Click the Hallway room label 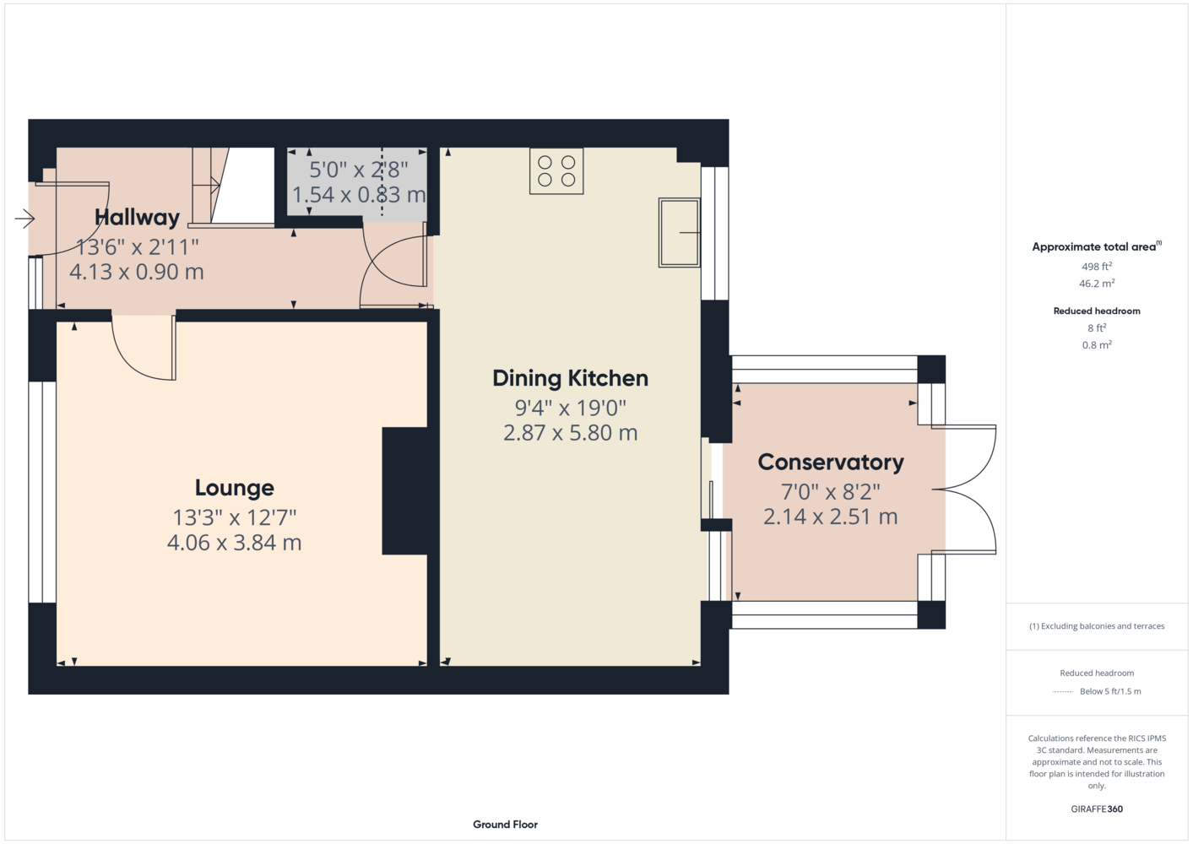point(137,217)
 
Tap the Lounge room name point(235,489)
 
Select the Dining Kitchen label point(571,379)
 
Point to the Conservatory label point(830,463)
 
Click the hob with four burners point(556,171)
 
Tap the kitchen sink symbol point(679,233)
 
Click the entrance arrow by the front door point(24,219)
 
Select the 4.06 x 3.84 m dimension point(235,543)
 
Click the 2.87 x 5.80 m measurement point(571,433)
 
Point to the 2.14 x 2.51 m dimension point(830,517)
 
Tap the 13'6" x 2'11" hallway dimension point(137,247)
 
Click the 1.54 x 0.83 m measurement point(359,195)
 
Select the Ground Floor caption point(505,825)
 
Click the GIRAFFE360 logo point(1097,809)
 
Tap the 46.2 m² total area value point(1097,284)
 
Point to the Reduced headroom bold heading point(1097,311)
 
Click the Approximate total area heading point(1097,246)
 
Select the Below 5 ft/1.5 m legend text point(1110,691)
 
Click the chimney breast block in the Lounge point(404,491)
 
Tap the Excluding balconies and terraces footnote point(1097,626)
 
